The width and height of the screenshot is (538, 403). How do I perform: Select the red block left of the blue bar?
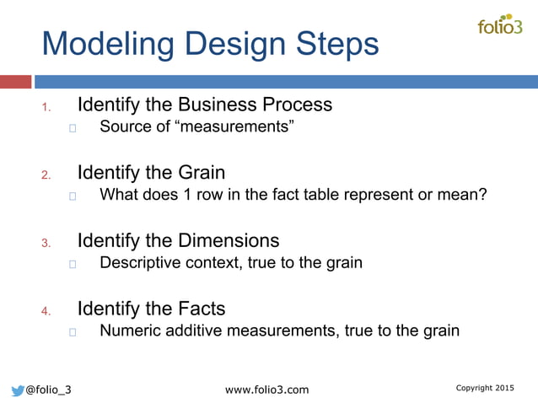click(x=15, y=82)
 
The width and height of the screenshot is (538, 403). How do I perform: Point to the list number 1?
click(x=46, y=108)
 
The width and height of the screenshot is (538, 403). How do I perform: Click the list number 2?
click(x=46, y=175)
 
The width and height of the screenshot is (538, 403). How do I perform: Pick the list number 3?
click(x=46, y=244)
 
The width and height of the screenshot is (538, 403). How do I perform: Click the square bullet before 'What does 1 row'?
click(x=73, y=196)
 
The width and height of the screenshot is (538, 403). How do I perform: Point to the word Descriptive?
click(x=140, y=263)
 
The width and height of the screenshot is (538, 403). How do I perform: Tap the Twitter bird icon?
click(x=17, y=390)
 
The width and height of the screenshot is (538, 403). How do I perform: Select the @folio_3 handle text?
click(x=48, y=390)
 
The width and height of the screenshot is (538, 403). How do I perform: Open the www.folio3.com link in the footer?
click(x=268, y=390)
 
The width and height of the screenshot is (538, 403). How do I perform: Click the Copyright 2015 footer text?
click(x=484, y=388)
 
